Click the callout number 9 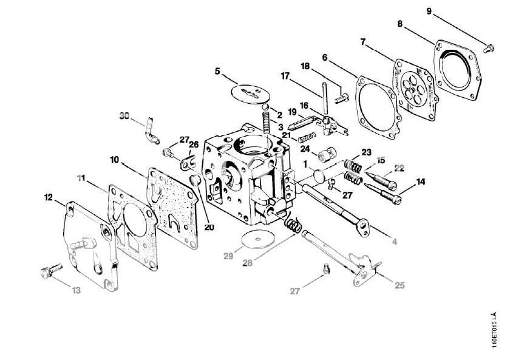[x=429, y=12]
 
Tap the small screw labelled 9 [x=489, y=49]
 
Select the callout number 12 [x=49, y=197]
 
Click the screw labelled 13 [x=52, y=271]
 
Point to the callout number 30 [x=124, y=115]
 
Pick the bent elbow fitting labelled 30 [x=151, y=131]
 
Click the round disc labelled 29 [x=258, y=239]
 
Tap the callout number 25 [x=400, y=285]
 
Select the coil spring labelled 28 [x=293, y=223]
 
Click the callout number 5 [x=217, y=71]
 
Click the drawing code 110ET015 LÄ [x=495, y=330]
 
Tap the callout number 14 [x=421, y=182]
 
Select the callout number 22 [x=399, y=168]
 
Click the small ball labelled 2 [x=266, y=107]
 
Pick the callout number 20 [x=209, y=228]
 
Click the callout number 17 [x=285, y=76]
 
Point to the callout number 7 [x=362, y=42]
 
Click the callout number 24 [x=305, y=149]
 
